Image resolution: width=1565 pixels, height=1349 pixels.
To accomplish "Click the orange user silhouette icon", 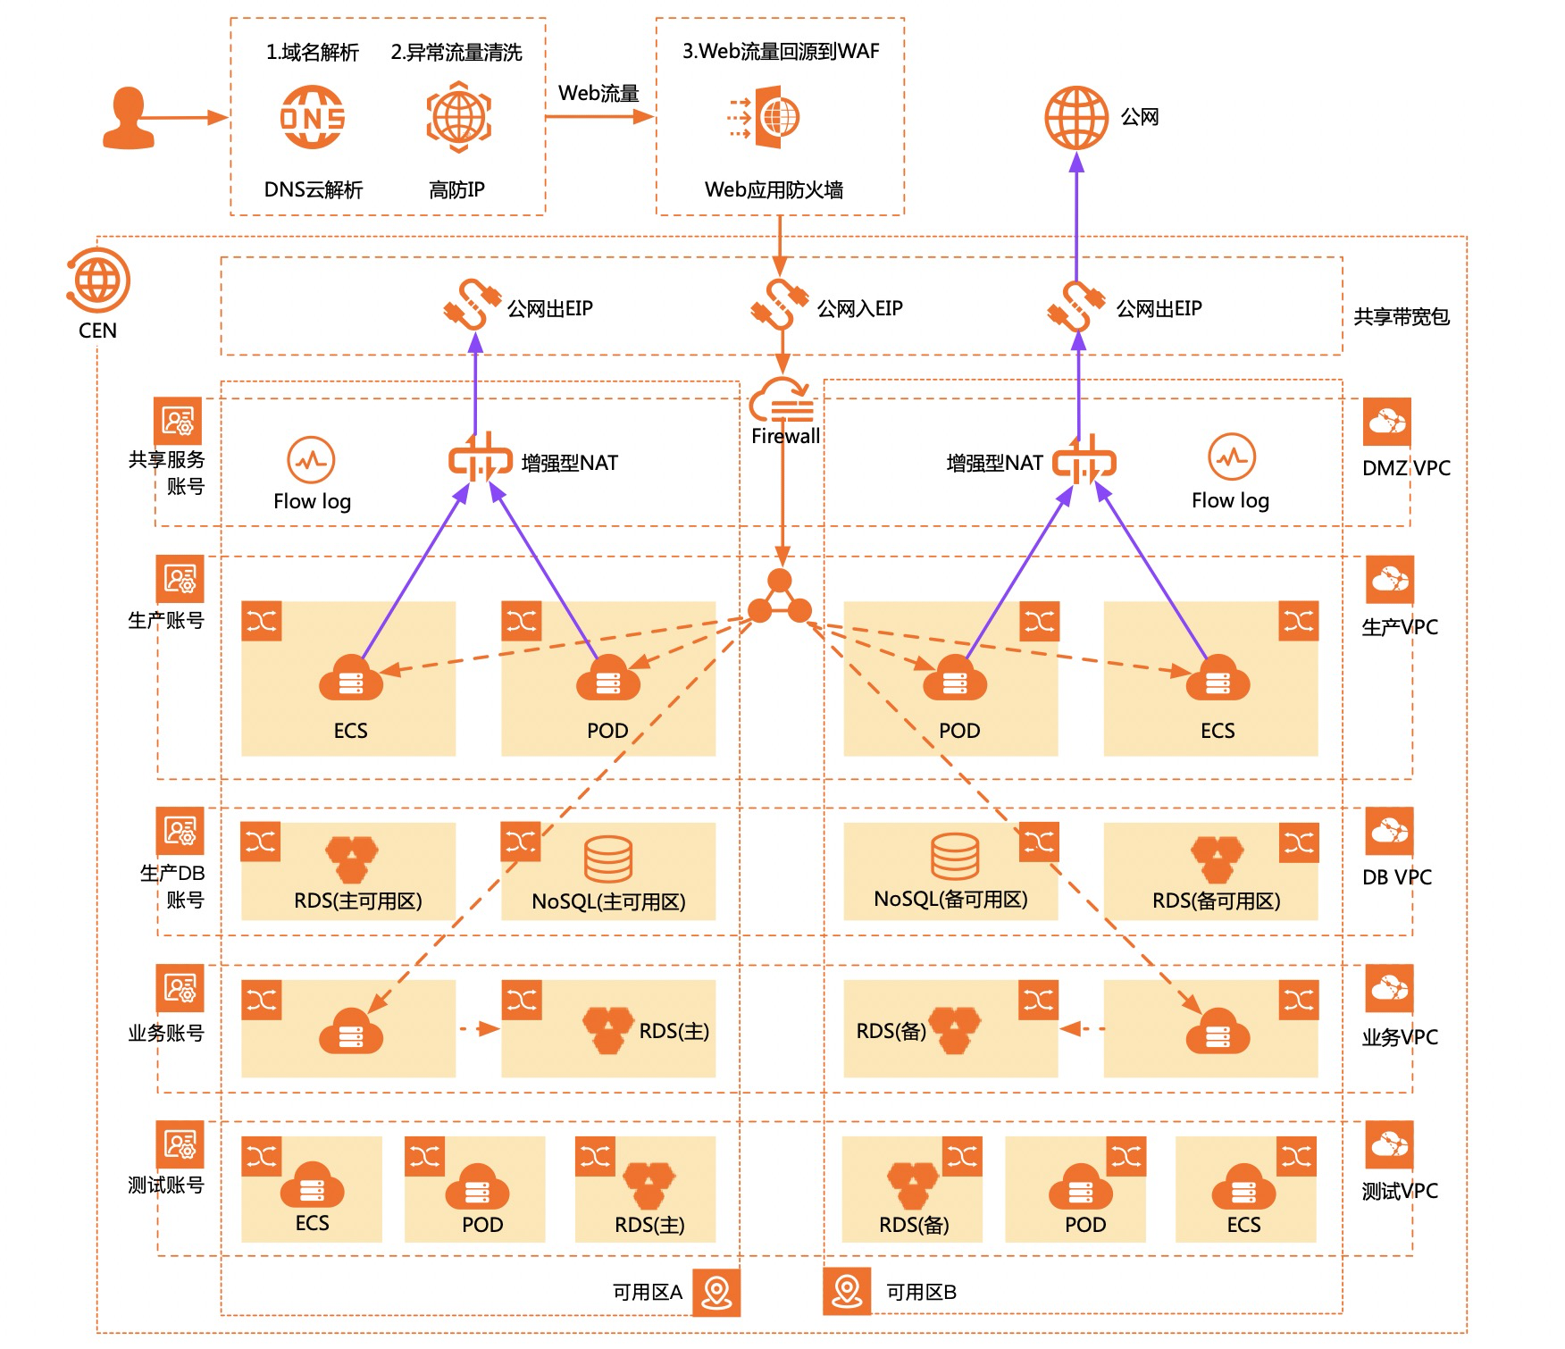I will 129,117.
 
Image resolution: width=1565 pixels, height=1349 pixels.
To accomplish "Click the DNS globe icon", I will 313,117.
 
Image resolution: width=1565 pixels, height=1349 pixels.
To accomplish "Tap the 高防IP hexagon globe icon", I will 458,117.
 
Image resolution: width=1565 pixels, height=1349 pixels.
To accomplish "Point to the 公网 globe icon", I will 1076,117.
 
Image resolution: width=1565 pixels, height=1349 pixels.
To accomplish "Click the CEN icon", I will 98,281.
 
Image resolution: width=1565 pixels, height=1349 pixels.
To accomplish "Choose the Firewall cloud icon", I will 782,400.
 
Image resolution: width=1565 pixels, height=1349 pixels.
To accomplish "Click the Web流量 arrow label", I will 598,93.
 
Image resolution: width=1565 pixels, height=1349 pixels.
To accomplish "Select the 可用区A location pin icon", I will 716,1292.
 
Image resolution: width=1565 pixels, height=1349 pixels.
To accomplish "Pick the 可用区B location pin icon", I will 847,1292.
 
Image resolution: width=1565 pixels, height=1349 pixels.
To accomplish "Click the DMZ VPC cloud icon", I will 1386,422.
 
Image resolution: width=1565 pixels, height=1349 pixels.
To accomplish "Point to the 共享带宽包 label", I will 1401,316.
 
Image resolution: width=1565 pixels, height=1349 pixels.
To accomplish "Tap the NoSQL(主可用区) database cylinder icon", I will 608,859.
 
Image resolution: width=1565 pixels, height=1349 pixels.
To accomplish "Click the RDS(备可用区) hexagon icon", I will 1216,859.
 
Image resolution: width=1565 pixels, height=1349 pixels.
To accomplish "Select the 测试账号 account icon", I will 180,1144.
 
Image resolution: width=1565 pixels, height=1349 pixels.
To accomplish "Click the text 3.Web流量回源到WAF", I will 781,51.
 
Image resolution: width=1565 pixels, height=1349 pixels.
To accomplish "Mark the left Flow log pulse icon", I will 311,460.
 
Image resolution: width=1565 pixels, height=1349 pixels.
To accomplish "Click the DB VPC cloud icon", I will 1389,831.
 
